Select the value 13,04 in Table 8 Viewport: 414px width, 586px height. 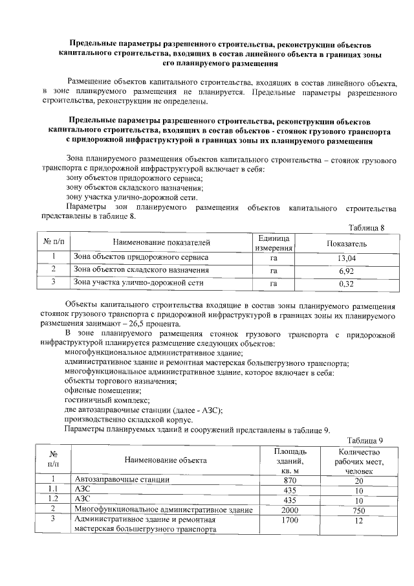coord(347,258)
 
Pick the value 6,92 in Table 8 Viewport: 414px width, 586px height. coord(347,271)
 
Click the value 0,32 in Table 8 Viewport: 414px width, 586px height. coord(347,283)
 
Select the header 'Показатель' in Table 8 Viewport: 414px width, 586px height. coord(347,243)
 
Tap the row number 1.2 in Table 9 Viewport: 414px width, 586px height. coord(54,500)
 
